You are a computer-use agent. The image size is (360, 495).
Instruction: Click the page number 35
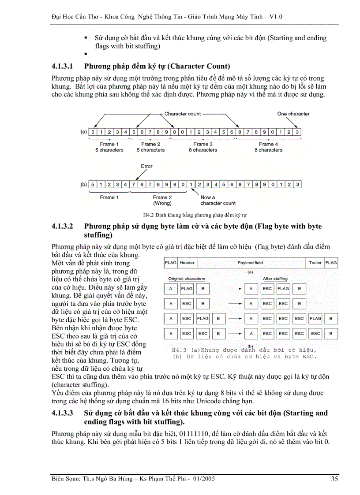[x=335, y=479]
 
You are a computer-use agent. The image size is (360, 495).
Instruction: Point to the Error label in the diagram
[x=146, y=166]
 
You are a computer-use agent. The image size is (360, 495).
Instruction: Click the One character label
[x=293, y=114]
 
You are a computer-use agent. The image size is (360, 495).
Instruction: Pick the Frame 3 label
[x=203, y=144]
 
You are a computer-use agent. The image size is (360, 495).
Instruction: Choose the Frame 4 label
[x=268, y=144]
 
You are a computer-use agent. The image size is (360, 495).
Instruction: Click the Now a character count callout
[x=218, y=201]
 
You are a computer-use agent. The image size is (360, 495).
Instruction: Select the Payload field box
[x=250, y=263]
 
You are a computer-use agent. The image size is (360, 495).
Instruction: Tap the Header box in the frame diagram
[x=187, y=263]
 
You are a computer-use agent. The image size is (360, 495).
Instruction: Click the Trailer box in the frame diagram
[x=315, y=263]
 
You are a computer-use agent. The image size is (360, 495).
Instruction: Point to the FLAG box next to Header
[x=170, y=263]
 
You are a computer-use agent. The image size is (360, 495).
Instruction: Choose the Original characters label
[x=187, y=279]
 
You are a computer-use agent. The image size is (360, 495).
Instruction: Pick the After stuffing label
[x=275, y=279]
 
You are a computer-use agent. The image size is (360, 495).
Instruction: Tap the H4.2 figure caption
[x=195, y=215]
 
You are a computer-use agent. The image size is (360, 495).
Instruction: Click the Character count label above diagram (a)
[x=183, y=114]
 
